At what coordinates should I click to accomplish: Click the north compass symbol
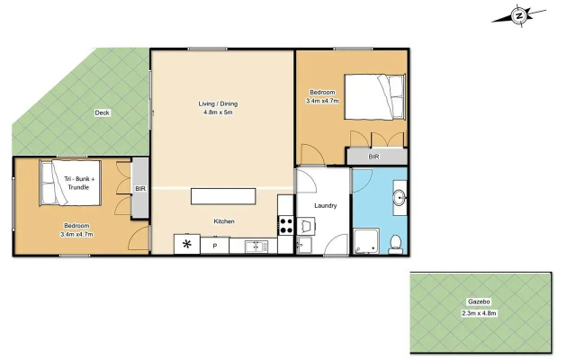coord(518,16)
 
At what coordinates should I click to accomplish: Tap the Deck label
coord(102,112)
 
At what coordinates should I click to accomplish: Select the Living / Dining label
coord(218,103)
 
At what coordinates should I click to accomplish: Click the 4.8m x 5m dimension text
coord(218,112)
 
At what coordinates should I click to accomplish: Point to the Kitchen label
coord(224,221)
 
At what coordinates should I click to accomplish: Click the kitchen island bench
coord(223,196)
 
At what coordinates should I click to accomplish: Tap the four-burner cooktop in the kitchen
coord(286,226)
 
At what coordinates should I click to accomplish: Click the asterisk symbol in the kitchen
coord(187,244)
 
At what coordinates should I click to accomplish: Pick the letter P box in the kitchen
coord(215,246)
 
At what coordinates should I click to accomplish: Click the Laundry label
coord(326,205)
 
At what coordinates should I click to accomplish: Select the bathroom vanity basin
coord(400,198)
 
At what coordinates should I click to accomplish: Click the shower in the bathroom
coord(366,241)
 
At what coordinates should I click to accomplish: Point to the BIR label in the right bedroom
coord(373,157)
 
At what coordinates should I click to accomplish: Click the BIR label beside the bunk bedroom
coord(140,188)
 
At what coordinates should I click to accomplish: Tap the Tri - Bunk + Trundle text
coord(79,183)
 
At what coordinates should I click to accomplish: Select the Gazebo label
coord(479,301)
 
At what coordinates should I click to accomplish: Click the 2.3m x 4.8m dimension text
coord(479,313)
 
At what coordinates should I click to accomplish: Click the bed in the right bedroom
coord(374,97)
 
